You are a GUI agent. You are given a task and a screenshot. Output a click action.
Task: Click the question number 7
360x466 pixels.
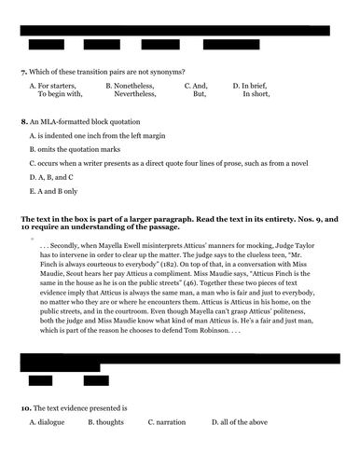coord(23,72)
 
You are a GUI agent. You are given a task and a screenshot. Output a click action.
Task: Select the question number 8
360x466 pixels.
coord(23,122)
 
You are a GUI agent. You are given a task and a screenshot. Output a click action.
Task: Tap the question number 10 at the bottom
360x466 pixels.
coord(25,408)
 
